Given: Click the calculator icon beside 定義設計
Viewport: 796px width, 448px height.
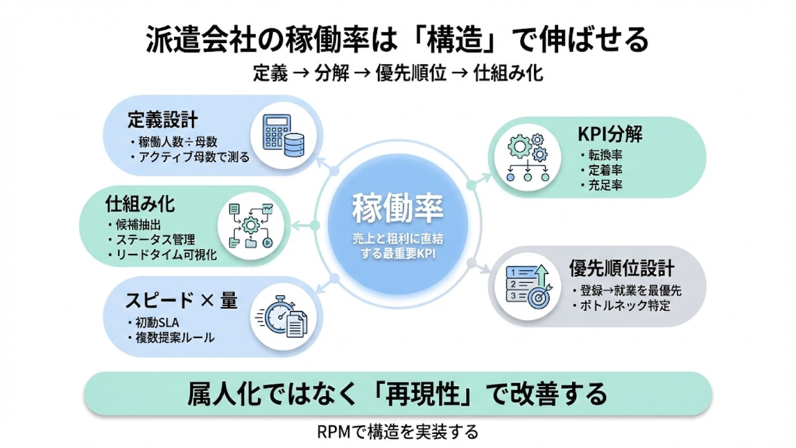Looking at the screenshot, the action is (283, 136).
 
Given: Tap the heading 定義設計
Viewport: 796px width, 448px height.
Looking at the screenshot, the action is (162, 119).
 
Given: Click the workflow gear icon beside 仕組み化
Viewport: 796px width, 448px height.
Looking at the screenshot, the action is (251, 225).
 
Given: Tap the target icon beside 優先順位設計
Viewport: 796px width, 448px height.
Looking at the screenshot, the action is (527, 287).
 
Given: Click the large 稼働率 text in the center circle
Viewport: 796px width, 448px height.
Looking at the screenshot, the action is (397, 208).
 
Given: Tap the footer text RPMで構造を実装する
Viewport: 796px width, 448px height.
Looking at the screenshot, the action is (397, 432).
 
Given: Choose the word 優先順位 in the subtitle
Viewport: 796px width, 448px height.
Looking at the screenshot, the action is (411, 74).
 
